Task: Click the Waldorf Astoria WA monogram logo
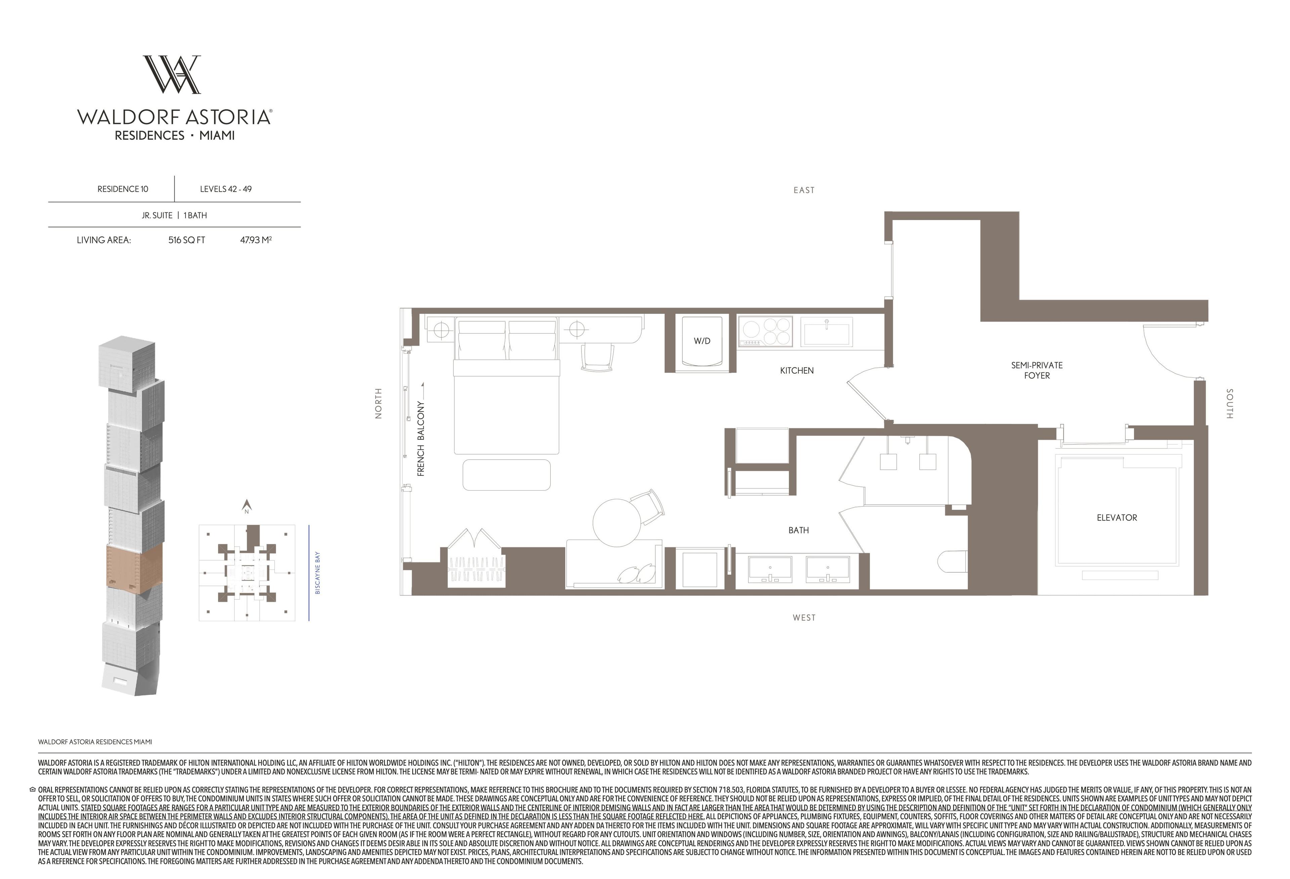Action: click(172, 74)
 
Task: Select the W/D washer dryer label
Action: click(702, 341)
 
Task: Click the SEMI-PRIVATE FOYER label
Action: click(1037, 370)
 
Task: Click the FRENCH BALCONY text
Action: click(421, 439)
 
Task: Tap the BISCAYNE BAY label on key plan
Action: click(317, 573)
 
